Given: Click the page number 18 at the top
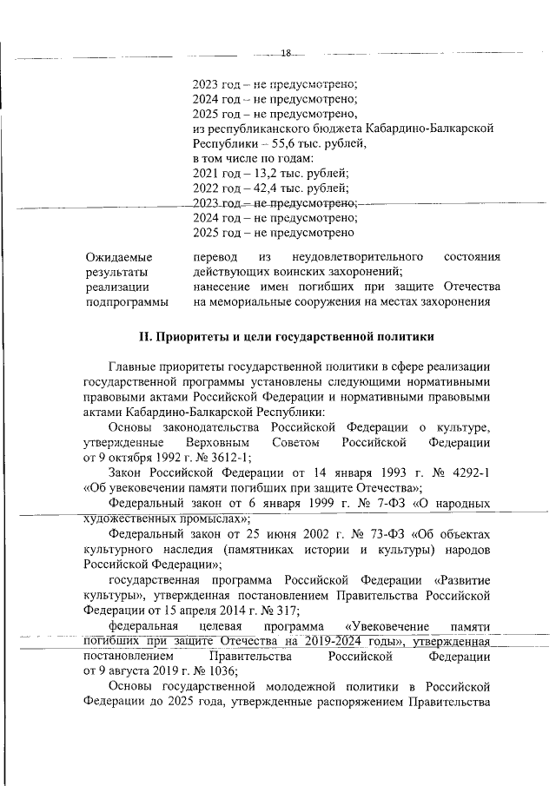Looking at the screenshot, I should pos(286,54).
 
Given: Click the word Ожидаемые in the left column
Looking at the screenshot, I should pos(119,258).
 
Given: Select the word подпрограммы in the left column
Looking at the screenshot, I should pos(127,302).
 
